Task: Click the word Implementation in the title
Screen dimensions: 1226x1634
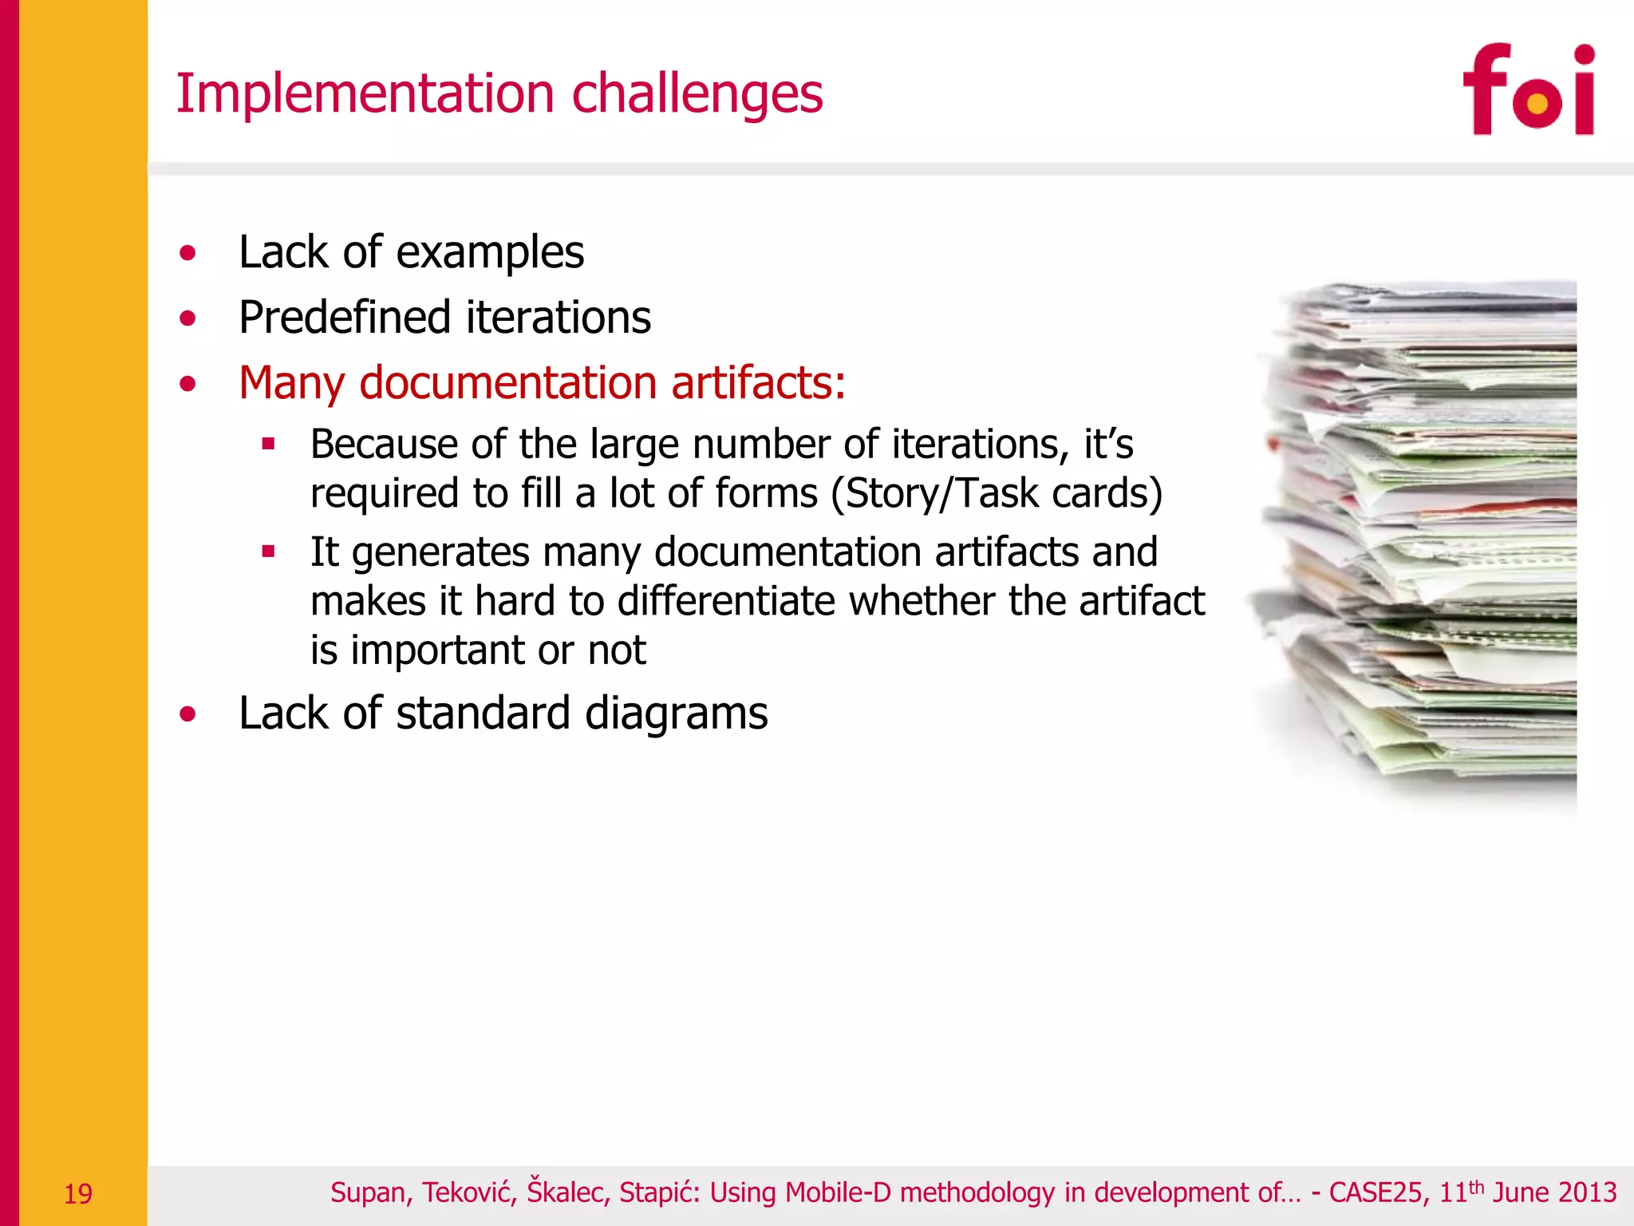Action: tap(365, 94)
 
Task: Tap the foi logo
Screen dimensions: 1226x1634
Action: tap(1528, 90)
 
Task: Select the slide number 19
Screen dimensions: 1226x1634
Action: tap(77, 1194)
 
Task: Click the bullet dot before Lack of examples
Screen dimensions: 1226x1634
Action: tap(187, 254)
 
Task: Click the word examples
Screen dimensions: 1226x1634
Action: tap(490, 254)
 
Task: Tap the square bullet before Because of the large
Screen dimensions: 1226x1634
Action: tap(269, 444)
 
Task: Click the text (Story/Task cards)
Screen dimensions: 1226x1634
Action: tap(996, 493)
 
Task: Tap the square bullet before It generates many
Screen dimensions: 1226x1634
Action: tap(269, 551)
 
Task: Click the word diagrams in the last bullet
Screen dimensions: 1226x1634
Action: tap(676, 713)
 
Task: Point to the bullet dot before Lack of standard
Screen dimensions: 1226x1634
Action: tap(187, 714)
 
